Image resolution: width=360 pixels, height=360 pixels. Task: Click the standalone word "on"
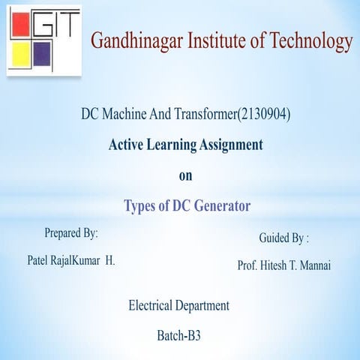184,177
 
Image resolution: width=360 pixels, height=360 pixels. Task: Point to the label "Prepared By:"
71,233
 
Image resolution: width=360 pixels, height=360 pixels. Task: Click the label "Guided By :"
283,238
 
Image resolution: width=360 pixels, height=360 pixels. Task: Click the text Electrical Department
179,305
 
